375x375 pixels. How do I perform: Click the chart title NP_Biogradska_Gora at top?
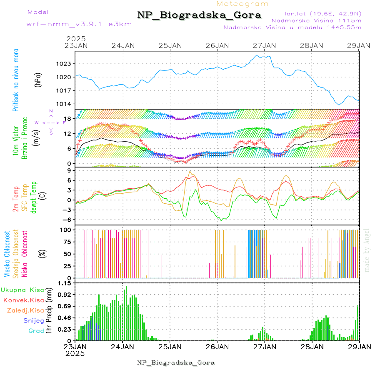pyautogui.click(x=199, y=15)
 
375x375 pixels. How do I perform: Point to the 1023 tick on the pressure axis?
pyautogui.click(x=65, y=64)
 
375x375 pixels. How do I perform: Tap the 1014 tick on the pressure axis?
pyautogui.click(x=65, y=104)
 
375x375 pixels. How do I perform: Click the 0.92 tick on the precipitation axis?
pyautogui.click(x=65, y=295)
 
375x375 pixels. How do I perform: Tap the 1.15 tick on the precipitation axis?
pyautogui.click(x=65, y=283)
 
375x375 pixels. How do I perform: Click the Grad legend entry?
pyautogui.click(x=36, y=331)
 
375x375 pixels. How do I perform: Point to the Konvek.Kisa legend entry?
pyautogui.click(x=24, y=300)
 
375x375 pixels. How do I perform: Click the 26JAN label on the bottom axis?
pyautogui.click(x=217, y=347)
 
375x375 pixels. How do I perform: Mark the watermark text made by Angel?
pyautogui.click(x=367, y=250)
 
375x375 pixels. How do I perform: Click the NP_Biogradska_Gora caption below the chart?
pyautogui.click(x=176, y=362)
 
